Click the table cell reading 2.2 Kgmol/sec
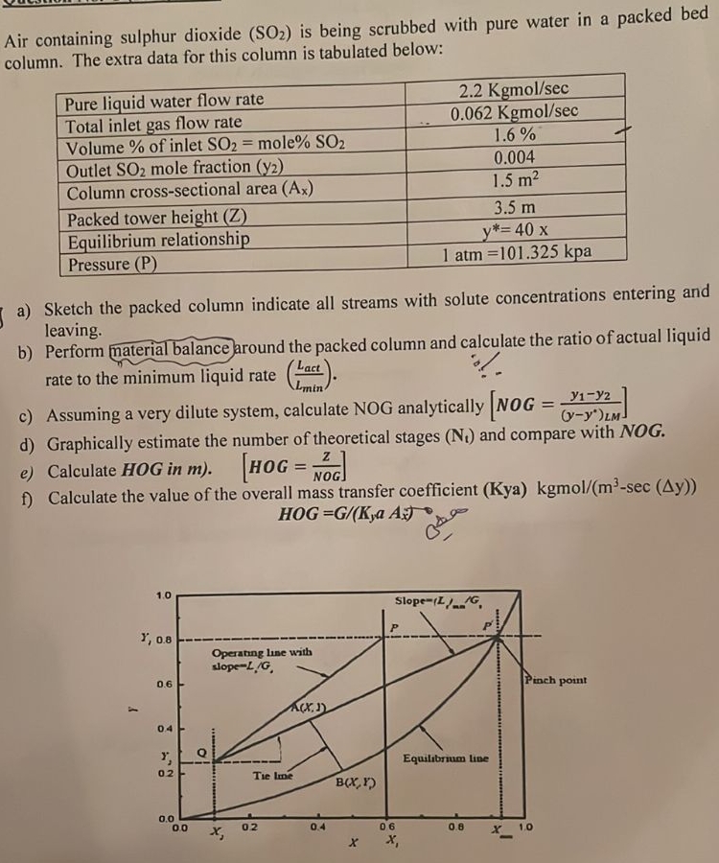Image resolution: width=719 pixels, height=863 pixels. click(x=515, y=92)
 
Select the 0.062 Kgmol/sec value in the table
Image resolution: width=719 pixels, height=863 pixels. click(x=515, y=112)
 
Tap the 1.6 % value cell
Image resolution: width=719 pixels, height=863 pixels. click(x=515, y=134)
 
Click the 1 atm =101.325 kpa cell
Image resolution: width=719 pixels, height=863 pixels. click(x=517, y=253)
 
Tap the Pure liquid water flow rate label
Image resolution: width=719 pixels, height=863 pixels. click(x=164, y=101)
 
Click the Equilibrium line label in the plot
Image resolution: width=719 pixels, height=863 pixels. click(x=446, y=758)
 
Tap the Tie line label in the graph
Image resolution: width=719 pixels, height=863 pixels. click(x=272, y=775)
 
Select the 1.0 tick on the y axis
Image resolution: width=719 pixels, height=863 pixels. click(x=165, y=595)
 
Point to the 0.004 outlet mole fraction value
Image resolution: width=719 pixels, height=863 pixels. click(x=515, y=157)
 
